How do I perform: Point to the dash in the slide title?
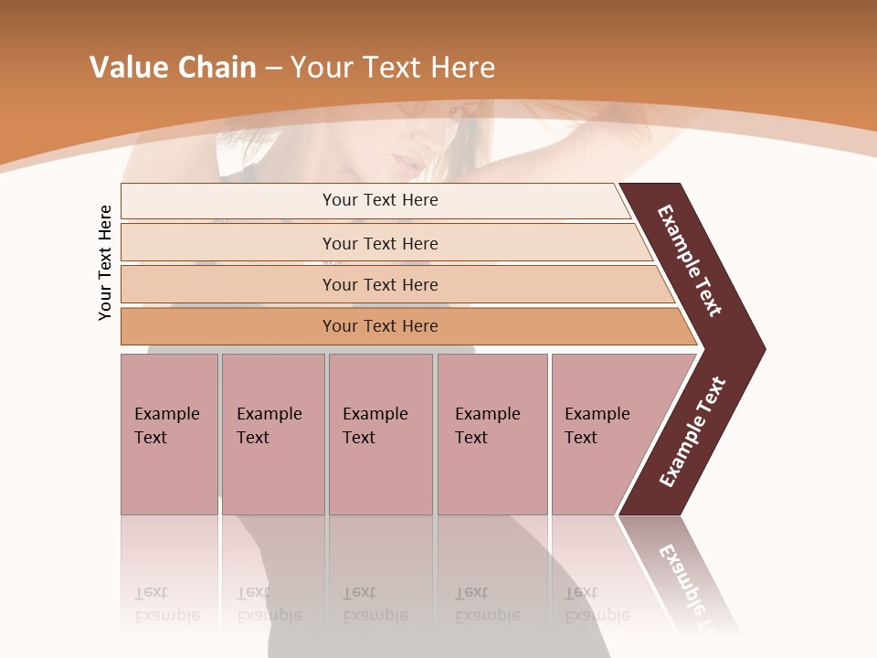tap(273, 69)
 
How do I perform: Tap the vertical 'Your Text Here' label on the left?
tap(105, 262)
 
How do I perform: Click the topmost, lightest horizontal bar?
tap(379, 200)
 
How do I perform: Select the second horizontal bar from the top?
tap(379, 243)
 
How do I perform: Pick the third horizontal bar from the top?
tap(379, 284)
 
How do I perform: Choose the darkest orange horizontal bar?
tap(379, 326)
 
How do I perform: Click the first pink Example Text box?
tap(169, 433)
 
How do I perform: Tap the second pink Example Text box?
tap(272, 433)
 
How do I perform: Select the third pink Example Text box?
tap(379, 433)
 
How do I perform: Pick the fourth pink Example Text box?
tap(491, 433)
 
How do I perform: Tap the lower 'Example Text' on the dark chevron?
tap(692, 432)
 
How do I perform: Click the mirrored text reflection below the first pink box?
tap(166, 604)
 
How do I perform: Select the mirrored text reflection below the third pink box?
tap(375, 604)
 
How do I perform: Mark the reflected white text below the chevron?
tap(687, 585)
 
